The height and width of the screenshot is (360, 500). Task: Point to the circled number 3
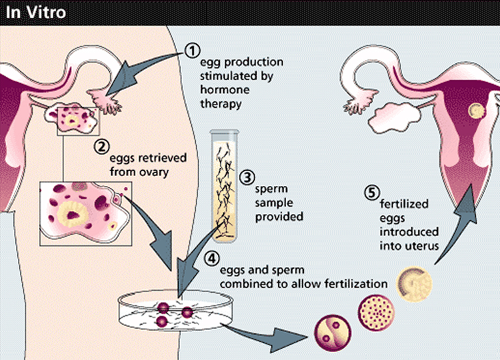pos(248,178)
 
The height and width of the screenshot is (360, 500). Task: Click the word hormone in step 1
pos(221,90)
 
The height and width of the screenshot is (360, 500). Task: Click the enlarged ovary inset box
pos(85,212)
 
